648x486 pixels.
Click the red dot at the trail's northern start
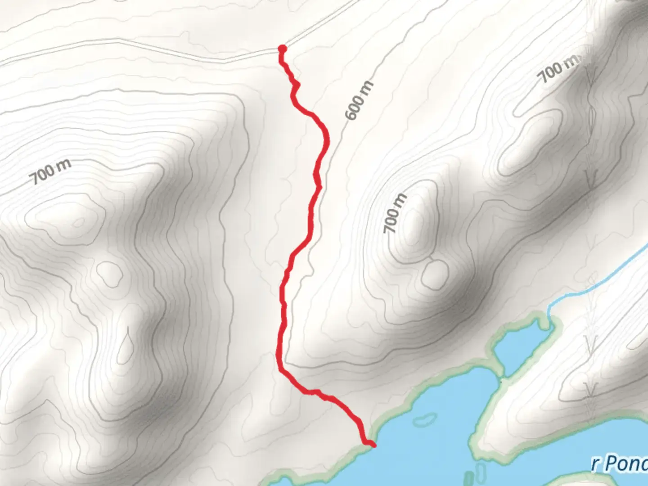[x=282, y=49]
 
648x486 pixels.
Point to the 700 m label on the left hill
[x=51, y=171]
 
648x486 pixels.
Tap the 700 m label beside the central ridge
[x=395, y=213]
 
